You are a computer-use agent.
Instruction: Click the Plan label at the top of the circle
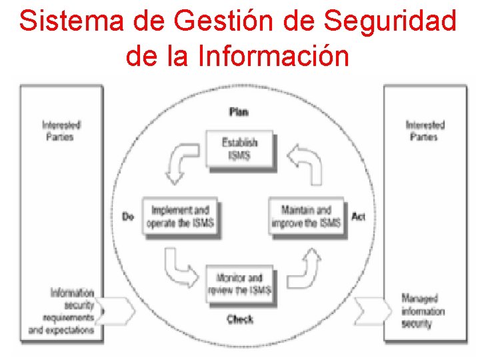(x=239, y=111)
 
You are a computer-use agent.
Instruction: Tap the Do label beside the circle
(x=128, y=217)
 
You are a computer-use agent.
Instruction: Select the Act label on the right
(x=358, y=217)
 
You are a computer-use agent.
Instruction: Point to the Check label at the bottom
(x=239, y=319)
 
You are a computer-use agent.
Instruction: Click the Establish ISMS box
(x=240, y=149)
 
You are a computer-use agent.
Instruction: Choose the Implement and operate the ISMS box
(x=181, y=217)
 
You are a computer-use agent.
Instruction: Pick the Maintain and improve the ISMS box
(x=306, y=217)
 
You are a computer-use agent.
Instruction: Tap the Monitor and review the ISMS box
(x=239, y=284)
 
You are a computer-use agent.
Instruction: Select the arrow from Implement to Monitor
(x=179, y=266)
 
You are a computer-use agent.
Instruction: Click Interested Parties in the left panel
(x=61, y=131)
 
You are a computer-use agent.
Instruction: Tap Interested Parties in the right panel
(x=425, y=131)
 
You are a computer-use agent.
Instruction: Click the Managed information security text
(x=423, y=311)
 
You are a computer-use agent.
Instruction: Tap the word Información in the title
(x=273, y=56)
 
